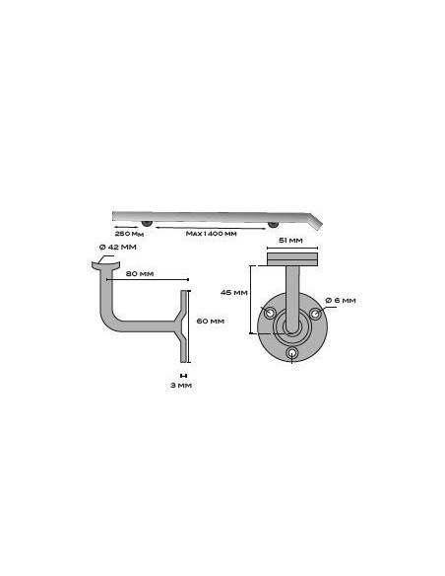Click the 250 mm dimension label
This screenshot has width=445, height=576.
(129, 234)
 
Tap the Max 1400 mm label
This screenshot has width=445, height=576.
(212, 234)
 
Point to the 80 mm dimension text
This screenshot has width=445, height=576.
(140, 272)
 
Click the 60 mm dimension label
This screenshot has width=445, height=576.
(211, 321)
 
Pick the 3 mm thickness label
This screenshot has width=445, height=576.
(180, 385)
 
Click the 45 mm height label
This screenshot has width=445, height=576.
(233, 293)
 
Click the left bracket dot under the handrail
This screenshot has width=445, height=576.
(146, 224)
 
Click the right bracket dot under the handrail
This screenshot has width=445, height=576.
(274, 224)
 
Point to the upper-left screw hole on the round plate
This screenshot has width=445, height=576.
(270, 312)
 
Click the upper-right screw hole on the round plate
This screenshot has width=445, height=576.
(314, 312)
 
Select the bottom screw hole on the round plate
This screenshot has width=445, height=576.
(292, 352)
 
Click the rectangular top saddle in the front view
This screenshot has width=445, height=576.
(291, 259)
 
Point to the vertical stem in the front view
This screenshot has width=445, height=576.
(292, 291)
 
